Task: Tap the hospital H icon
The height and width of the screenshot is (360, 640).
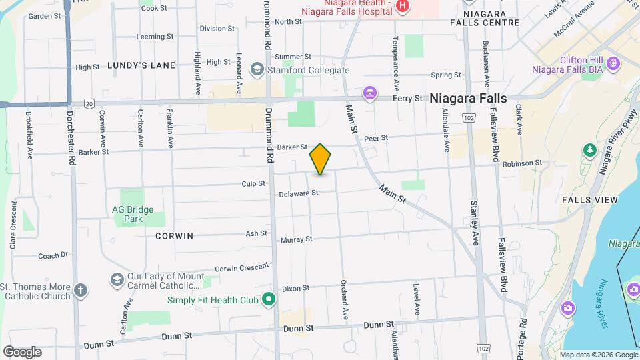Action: coord(403,6)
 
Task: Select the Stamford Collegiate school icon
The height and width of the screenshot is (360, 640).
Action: coord(257,69)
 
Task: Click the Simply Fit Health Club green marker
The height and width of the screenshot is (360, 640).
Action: coord(269,299)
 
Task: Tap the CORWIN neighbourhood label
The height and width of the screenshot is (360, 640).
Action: coord(174,235)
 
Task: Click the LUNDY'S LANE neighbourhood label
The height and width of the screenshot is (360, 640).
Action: coord(144,65)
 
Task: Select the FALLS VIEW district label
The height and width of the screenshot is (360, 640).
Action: coord(590,200)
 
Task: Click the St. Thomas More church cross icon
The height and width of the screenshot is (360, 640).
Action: coord(80,291)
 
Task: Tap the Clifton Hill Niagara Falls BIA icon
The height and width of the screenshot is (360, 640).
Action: coord(614,64)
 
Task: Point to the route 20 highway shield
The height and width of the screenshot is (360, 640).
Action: coord(89,103)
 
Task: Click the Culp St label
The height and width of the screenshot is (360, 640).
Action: coord(253,183)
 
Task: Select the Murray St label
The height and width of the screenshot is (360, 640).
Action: coord(297,239)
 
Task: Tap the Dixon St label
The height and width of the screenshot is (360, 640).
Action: coord(295,288)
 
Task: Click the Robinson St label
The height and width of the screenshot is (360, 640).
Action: coord(522,163)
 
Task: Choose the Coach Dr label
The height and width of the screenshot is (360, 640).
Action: coord(53,255)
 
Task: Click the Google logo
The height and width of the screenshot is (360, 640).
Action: coord(22,351)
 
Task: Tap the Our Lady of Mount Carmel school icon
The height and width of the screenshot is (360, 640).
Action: coord(118,279)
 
